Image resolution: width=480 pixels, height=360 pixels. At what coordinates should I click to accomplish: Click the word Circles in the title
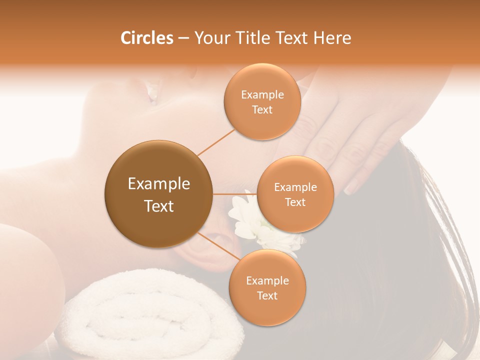147,38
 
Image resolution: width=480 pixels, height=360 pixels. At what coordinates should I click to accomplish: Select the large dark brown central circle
158,194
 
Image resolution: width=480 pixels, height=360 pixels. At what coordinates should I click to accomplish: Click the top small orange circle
262,101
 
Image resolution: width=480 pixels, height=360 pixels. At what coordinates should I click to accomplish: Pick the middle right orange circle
295,194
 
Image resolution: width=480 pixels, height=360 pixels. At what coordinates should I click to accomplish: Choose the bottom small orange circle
267,287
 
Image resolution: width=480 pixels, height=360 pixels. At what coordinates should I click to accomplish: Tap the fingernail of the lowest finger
350,188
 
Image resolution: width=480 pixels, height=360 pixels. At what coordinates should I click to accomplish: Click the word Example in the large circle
158,184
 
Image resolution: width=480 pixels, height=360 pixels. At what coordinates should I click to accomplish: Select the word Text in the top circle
262,110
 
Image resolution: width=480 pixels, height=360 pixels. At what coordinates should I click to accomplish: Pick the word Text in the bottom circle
267,296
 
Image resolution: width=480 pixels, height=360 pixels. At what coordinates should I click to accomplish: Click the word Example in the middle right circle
295,187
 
